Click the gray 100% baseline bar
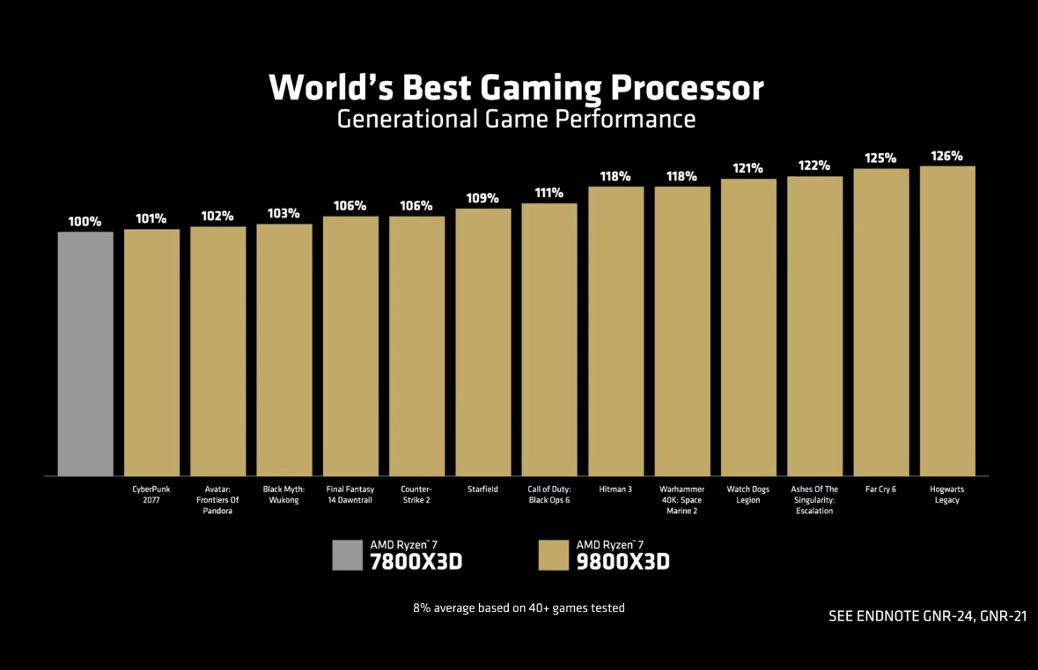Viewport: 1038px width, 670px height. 85,353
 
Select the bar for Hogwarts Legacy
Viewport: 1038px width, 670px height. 947,320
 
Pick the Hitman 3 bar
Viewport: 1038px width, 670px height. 615,331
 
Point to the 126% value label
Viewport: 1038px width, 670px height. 947,157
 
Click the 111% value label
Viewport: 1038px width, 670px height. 549,193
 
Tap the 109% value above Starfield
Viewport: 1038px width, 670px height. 483,198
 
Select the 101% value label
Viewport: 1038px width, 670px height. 151,218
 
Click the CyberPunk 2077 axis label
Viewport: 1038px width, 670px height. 151,495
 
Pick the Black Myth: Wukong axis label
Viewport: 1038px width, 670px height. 284,495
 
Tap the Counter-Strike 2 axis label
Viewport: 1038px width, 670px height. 416,495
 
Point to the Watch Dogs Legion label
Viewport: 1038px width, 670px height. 748,495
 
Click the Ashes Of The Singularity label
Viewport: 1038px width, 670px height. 814,500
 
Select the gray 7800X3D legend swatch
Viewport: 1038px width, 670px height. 347,556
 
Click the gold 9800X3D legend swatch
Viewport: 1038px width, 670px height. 553,556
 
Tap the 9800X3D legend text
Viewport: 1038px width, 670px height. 622,561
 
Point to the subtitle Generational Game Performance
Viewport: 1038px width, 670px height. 517,119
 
